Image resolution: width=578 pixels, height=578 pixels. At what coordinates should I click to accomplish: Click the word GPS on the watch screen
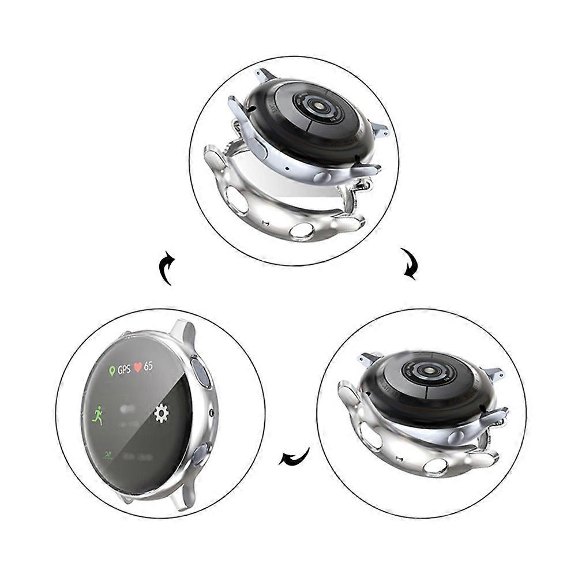(x=124, y=370)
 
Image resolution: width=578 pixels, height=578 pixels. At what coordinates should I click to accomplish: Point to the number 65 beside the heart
(x=149, y=366)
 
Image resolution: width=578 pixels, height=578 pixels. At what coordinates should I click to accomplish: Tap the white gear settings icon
(x=162, y=413)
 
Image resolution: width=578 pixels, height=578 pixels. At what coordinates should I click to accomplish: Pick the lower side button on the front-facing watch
(x=200, y=455)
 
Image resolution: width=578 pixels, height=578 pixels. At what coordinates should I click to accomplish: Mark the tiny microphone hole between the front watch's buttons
(x=211, y=413)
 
